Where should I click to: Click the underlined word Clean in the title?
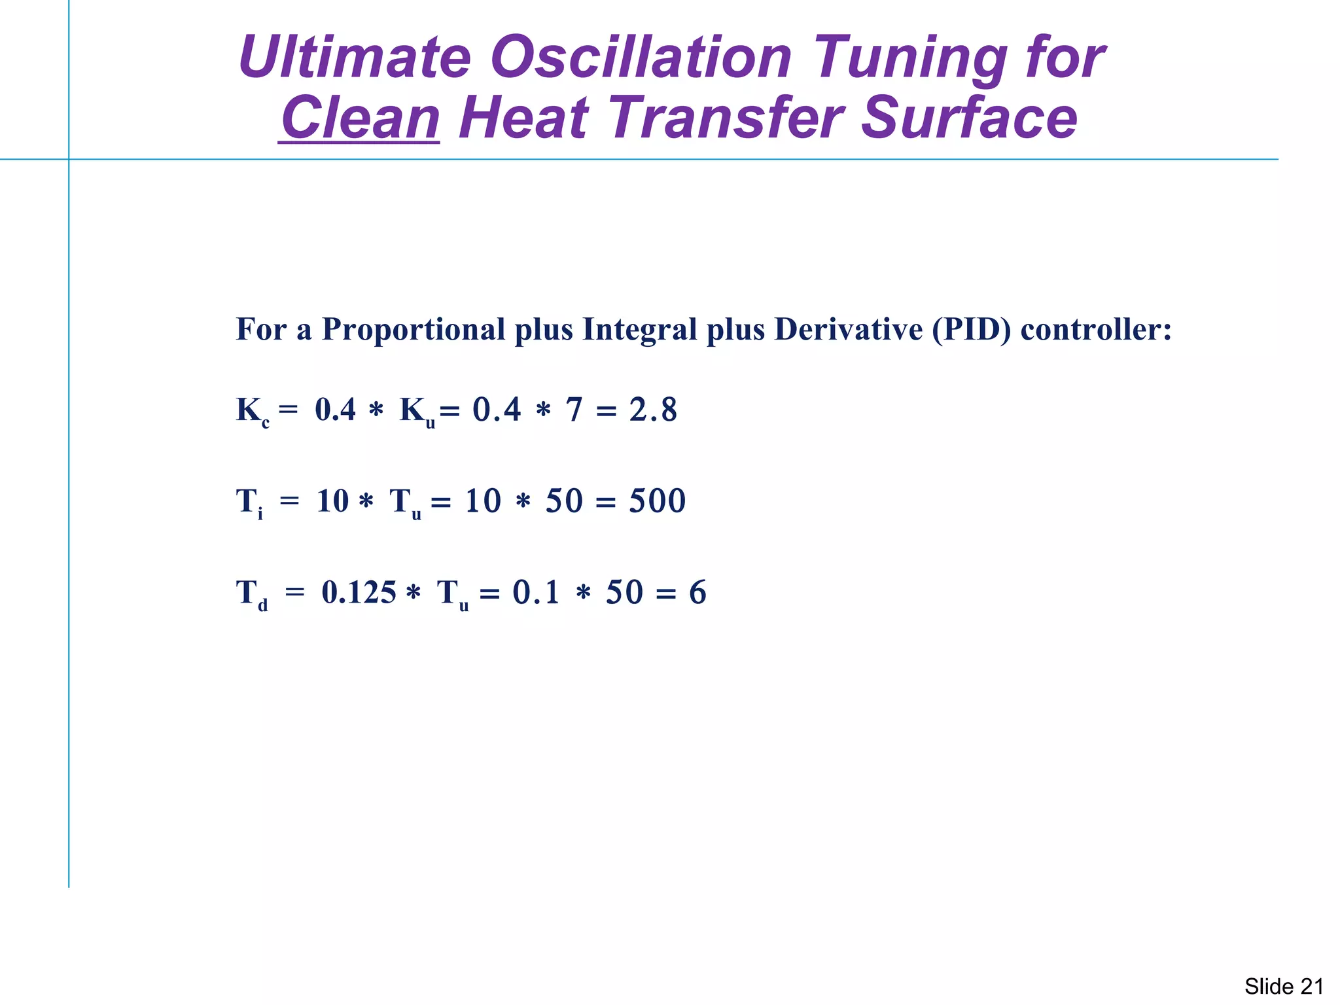[x=359, y=118]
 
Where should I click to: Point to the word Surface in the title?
[x=968, y=118]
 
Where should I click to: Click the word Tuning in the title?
[x=910, y=59]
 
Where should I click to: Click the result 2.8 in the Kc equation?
[x=653, y=410]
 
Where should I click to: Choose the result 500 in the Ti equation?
[x=657, y=501]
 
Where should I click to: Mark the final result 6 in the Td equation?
[x=697, y=592]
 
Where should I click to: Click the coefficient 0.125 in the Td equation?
[x=359, y=592]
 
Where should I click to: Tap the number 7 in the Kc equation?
[x=574, y=410]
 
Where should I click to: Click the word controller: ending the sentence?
[x=1095, y=329]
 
